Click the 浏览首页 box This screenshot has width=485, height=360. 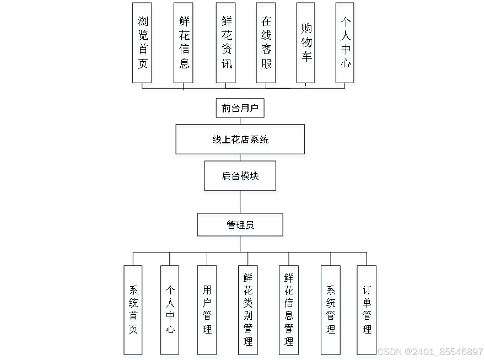pyautogui.click(x=142, y=42)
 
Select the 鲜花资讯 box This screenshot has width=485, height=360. pyautogui.click(x=227, y=42)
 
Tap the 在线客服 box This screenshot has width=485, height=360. pyautogui.click(x=266, y=42)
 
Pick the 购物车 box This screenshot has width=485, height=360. pyautogui.click(x=306, y=42)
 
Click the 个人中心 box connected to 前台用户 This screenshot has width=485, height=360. pyautogui.click(x=345, y=42)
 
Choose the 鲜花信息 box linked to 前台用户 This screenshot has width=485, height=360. pyautogui.click(x=184, y=42)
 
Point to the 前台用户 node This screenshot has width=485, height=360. pyautogui.click(x=240, y=108)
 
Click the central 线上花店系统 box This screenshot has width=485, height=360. pyautogui.click(x=240, y=139)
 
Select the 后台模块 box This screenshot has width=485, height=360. pyautogui.click(x=240, y=176)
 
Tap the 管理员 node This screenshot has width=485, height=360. pyautogui.click(x=240, y=225)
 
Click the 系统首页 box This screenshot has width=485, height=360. pyautogui.click(x=133, y=310)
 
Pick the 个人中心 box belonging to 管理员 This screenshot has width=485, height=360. pyautogui.click(x=170, y=310)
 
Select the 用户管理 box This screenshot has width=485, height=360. pyautogui.click(x=207, y=310)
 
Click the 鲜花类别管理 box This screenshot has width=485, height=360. pyautogui.click(x=247, y=310)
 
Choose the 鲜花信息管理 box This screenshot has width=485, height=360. pyautogui.click(x=289, y=310)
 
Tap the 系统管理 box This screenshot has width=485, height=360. pyautogui.click(x=331, y=310)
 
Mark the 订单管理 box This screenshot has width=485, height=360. pyautogui.click(x=367, y=310)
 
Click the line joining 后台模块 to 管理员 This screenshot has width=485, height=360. pyautogui.click(x=240, y=202)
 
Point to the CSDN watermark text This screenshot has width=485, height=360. pyautogui.click(x=430, y=351)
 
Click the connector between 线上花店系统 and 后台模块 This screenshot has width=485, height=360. pyautogui.click(x=240, y=157)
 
